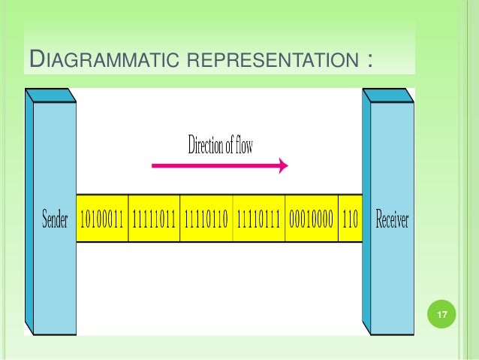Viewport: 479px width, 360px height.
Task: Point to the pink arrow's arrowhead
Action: click(x=284, y=165)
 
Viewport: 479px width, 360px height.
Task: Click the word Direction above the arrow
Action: click(x=205, y=145)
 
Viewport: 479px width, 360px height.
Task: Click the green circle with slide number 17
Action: click(x=442, y=315)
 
